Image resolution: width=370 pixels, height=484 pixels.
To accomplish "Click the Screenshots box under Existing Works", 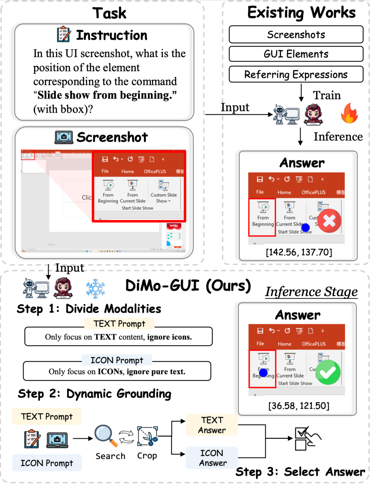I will point(296,35).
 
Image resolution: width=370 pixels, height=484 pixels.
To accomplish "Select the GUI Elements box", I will point(296,54).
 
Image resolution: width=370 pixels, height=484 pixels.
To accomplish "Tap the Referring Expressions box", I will point(296,74).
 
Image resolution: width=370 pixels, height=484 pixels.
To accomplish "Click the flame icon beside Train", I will point(349,113).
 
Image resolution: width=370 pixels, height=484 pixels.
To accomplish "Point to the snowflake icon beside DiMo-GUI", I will point(95,289).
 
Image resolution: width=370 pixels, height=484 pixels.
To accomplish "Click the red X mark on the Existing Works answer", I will point(329,221).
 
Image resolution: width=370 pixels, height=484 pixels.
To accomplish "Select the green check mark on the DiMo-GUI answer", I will point(328,372).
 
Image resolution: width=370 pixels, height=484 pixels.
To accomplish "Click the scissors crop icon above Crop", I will point(148,436).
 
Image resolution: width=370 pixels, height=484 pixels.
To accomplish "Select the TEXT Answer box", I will point(212,425).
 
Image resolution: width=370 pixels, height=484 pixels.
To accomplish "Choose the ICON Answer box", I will point(212,458).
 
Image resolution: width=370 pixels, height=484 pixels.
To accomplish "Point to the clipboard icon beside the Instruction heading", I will point(64,34).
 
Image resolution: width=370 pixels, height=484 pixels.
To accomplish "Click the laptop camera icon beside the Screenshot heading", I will point(64,137).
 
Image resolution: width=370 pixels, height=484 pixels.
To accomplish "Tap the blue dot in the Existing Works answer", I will point(305,227).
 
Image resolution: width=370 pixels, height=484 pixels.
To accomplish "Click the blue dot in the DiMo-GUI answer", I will point(263,373).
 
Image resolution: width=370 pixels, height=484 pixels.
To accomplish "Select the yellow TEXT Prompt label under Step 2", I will point(47,416).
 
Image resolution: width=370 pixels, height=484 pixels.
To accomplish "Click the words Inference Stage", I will point(311,292).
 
